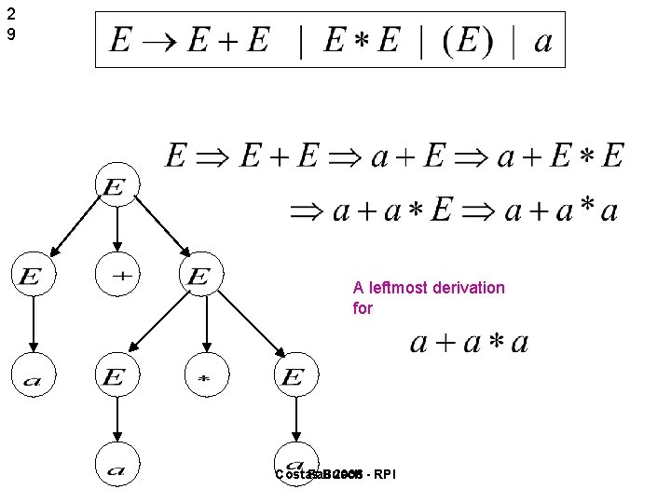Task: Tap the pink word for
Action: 363,307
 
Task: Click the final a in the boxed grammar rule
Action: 542,42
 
